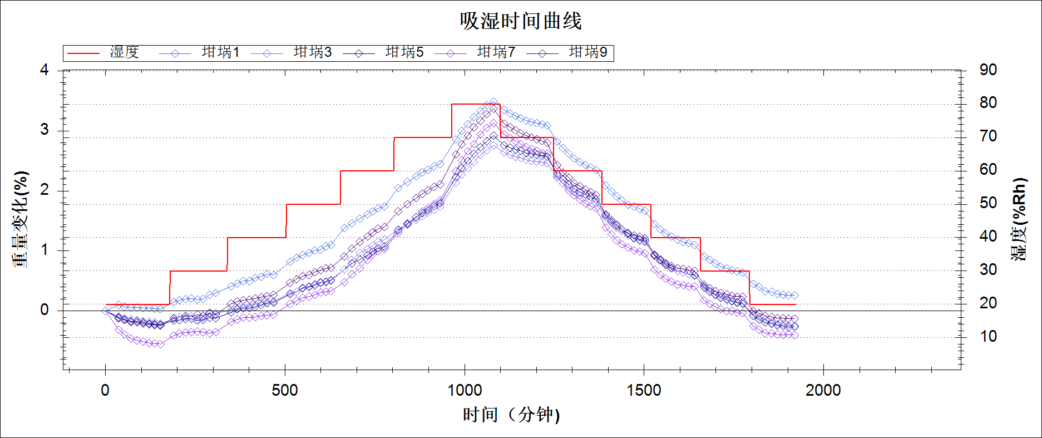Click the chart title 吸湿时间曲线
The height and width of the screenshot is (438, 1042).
coord(520,21)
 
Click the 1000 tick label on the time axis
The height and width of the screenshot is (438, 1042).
coord(465,390)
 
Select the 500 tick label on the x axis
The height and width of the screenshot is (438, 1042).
coord(285,390)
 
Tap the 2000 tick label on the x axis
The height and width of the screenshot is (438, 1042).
coord(823,390)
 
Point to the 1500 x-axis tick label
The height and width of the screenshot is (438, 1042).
coord(644,390)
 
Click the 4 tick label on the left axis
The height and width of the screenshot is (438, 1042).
coord(45,70)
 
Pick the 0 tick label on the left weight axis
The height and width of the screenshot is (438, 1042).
coord(45,310)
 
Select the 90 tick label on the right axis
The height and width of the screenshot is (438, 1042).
coord(988,70)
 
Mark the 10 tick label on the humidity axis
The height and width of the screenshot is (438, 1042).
coord(988,337)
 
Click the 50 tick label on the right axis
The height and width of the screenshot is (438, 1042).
coord(988,203)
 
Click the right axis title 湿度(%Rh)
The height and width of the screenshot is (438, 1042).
coord(1019,219)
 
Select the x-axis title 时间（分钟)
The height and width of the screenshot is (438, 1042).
coord(511,415)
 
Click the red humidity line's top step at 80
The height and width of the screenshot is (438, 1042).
coord(476,104)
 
